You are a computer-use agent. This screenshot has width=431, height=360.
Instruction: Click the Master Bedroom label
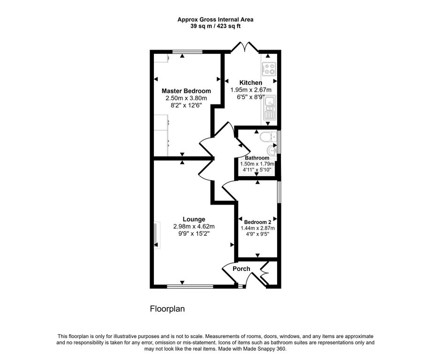click(x=186, y=91)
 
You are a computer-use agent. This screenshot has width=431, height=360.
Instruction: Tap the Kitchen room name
click(x=251, y=83)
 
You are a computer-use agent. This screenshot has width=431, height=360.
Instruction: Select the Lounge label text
click(x=194, y=219)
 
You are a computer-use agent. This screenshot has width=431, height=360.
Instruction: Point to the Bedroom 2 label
click(x=257, y=222)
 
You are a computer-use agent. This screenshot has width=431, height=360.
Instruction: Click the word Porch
click(x=242, y=269)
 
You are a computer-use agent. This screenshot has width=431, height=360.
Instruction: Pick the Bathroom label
click(x=257, y=158)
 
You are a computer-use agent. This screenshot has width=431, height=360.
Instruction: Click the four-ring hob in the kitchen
click(x=269, y=69)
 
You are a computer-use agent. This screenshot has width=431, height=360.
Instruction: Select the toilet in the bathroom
click(x=267, y=137)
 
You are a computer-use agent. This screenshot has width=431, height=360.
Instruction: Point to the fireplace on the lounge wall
click(x=155, y=235)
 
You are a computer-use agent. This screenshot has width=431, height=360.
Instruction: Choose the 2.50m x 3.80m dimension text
click(x=186, y=98)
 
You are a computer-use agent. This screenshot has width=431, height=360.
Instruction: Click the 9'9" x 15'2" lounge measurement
click(x=194, y=233)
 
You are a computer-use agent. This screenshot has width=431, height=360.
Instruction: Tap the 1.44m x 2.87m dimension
click(x=257, y=228)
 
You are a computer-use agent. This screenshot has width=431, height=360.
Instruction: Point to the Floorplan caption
click(x=167, y=309)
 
